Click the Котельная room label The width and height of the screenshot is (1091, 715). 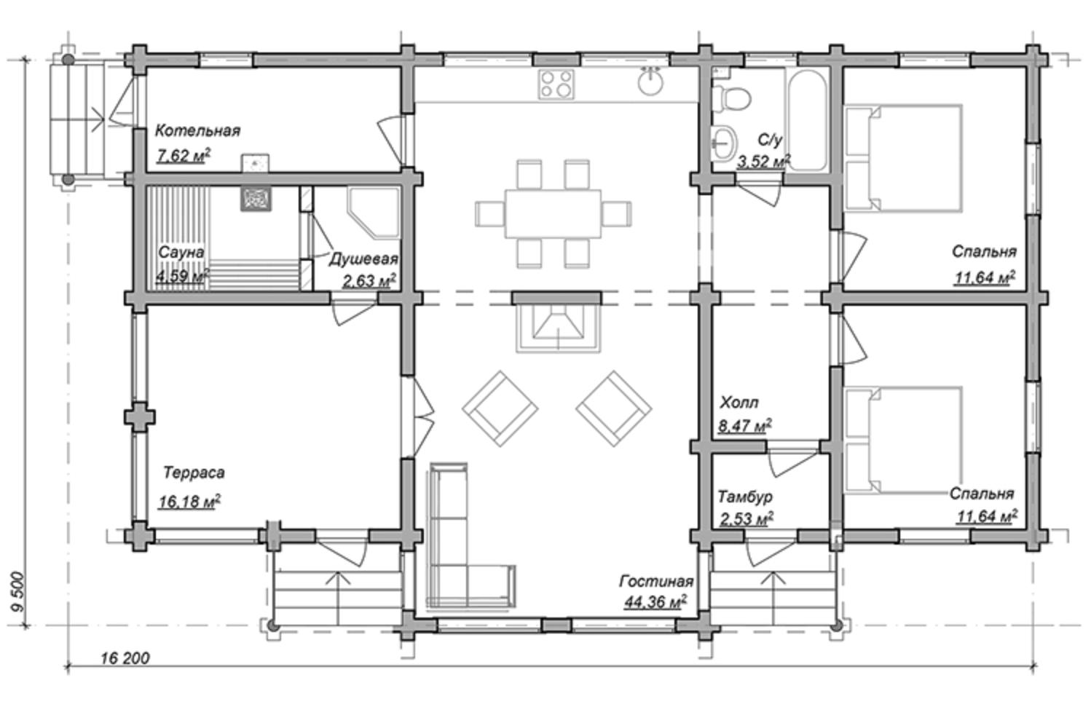197,131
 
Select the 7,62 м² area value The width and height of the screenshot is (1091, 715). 184,155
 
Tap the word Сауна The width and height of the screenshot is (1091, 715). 181,253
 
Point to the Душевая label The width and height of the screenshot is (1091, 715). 364,260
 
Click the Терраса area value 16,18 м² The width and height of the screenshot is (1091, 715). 189,501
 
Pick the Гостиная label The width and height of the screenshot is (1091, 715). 656,582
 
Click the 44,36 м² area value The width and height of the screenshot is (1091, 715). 655,602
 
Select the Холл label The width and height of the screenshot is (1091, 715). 739,403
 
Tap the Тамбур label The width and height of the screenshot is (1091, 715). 745,497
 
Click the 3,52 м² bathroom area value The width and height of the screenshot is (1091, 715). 763,161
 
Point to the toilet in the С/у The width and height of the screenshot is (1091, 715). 730,98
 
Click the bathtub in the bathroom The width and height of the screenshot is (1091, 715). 807,119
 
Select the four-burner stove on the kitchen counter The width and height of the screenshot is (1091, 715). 556,84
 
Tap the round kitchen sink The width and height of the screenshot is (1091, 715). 650,82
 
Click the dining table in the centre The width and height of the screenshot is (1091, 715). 553,214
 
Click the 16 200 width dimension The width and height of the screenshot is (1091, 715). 125,658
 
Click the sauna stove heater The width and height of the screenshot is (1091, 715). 256,199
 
